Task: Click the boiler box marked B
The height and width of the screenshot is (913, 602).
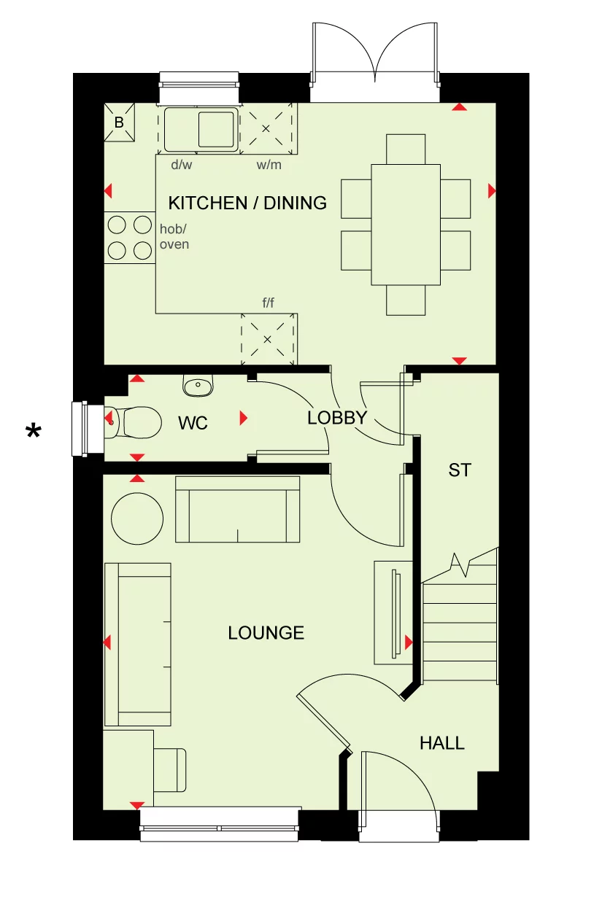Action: (x=119, y=123)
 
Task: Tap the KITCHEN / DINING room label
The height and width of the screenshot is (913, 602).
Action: (x=247, y=203)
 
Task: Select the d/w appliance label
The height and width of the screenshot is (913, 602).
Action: (x=181, y=166)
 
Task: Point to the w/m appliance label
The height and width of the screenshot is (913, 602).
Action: (x=269, y=166)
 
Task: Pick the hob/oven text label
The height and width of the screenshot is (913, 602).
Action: (x=174, y=237)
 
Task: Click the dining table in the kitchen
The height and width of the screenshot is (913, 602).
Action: (x=406, y=225)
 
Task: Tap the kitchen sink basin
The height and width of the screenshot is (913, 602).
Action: (x=216, y=129)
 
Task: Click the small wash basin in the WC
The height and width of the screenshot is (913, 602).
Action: (x=197, y=386)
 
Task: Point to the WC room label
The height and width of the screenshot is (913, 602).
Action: (x=193, y=423)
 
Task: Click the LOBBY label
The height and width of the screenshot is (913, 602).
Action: (x=336, y=419)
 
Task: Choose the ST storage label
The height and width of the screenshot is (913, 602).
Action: (x=460, y=470)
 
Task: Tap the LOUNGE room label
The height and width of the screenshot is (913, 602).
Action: (x=266, y=633)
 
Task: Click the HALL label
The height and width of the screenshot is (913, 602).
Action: (x=442, y=743)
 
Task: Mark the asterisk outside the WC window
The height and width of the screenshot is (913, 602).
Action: (x=33, y=432)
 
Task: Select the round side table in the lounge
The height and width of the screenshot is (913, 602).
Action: (x=136, y=519)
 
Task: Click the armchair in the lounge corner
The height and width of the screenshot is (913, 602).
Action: (x=170, y=769)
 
